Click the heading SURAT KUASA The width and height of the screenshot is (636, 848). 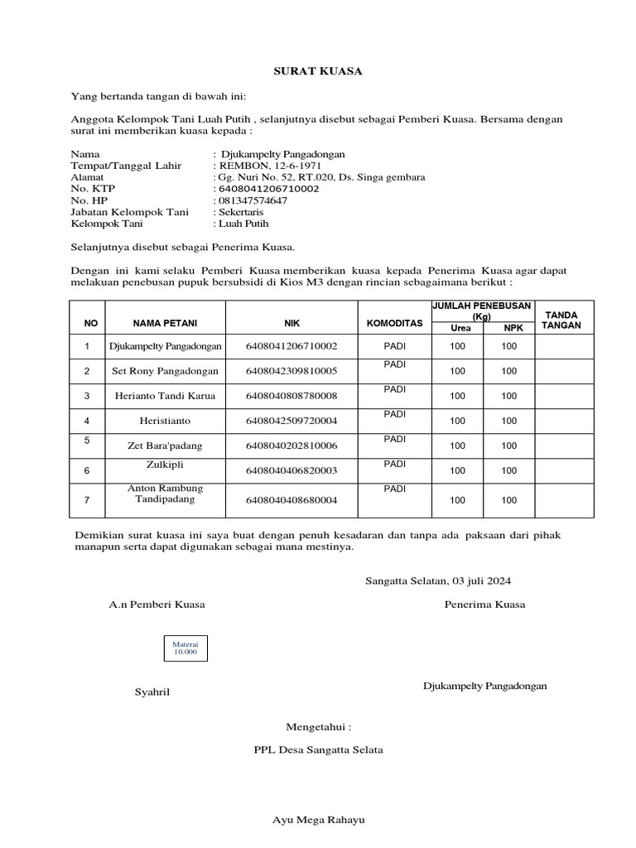coord(318,71)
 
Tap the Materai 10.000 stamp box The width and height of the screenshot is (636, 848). coord(185,648)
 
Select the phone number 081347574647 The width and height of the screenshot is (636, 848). coord(251,200)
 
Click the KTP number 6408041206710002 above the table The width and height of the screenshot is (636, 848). coord(267,189)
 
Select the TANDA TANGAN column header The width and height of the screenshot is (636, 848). coord(561,320)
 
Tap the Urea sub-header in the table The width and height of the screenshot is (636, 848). coord(460,329)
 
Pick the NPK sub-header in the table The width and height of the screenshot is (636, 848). coord(509,329)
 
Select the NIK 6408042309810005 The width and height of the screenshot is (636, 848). coord(291,370)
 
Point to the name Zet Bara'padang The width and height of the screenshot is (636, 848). coord(165,446)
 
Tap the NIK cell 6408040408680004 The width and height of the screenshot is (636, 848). coord(291,500)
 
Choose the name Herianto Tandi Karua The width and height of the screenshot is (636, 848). coord(165,396)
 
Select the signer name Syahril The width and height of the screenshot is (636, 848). coord(152,691)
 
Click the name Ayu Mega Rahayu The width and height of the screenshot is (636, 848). coord(319,820)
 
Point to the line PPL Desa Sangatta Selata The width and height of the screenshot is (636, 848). coord(318,749)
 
